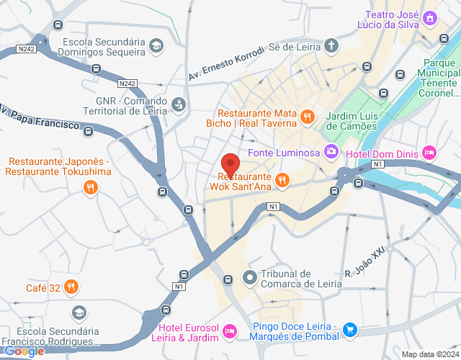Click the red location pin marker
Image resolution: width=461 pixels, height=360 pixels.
[x=230, y=163]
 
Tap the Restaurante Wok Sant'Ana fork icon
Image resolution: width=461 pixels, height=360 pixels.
[x=282, y=180]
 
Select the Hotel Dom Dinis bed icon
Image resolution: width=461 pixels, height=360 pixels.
[x=429, y=152]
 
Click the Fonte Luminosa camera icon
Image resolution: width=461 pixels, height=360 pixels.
[x=331, y=151]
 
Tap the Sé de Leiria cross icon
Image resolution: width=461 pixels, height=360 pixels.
[x=331, y=46]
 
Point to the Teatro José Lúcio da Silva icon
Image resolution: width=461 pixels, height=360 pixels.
[x=430, y=17]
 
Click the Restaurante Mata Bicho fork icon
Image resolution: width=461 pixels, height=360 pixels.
[x=308, y=117]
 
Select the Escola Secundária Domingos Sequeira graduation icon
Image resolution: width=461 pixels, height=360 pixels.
[x=156, y=46]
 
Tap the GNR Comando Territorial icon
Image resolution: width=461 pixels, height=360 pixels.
[x=179, y=105]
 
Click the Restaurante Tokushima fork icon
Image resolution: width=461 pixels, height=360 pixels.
[x=91, y=187]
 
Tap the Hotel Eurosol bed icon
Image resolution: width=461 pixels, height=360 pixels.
[x=230, y=330]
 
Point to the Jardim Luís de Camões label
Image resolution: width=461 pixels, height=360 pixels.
[x=352, y=121]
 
